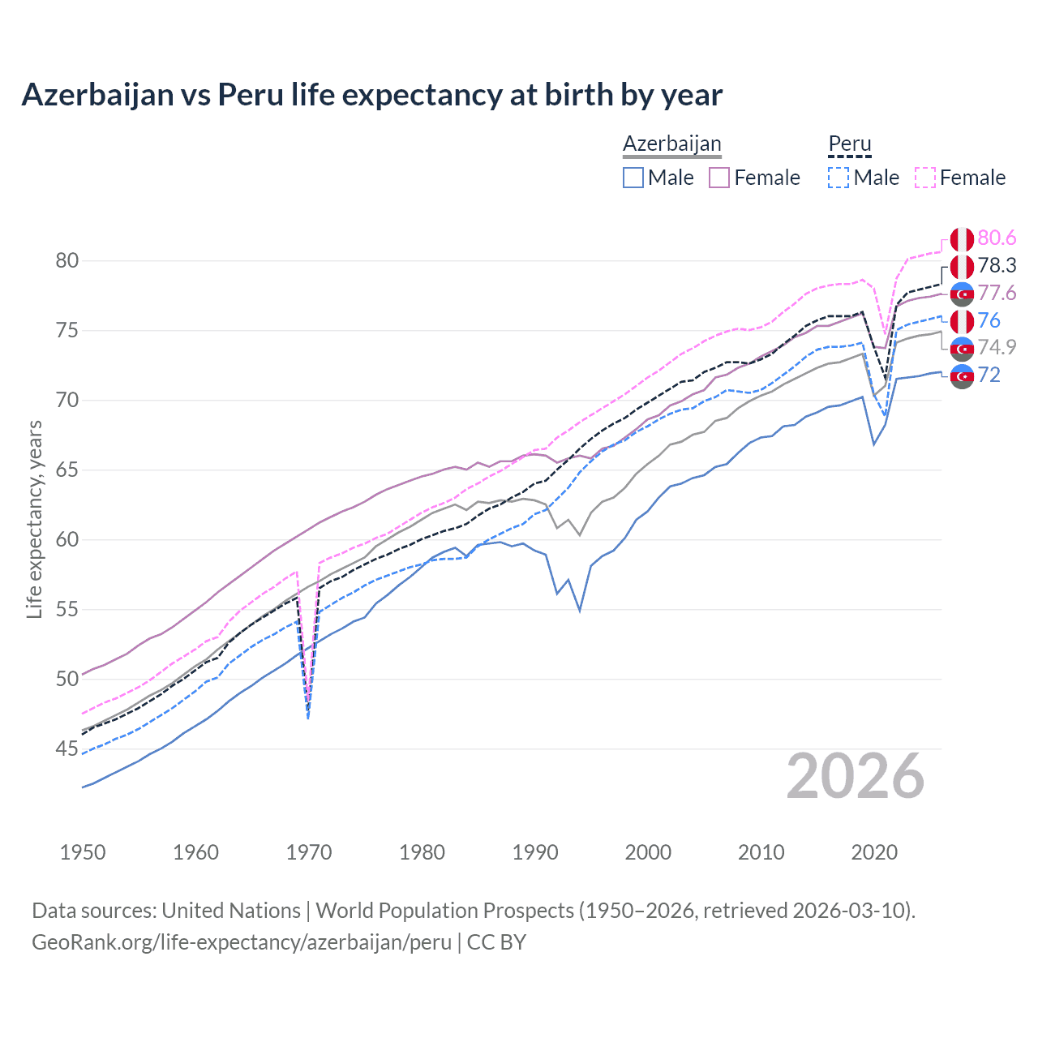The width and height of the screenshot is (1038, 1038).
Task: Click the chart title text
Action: pos(371,95)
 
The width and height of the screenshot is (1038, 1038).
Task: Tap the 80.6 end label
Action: pos(997,238)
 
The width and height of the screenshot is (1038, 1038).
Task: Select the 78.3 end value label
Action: pos(997,265)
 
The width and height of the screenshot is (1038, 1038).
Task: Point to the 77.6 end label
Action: pos(997,293)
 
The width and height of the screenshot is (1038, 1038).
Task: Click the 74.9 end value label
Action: pos(997,347)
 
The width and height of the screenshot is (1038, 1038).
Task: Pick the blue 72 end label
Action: pos(989,375)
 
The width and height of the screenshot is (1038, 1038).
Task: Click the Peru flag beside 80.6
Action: pos(962,239)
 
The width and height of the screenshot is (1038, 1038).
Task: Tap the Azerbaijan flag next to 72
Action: pos(962,376)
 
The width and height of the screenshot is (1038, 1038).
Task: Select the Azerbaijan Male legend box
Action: pos(633,178)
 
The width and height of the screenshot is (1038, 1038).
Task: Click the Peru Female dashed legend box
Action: pos(925,178)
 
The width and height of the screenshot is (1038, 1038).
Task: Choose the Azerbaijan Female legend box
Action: pos(719,178)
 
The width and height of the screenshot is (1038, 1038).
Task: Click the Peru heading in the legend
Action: pos(849,144)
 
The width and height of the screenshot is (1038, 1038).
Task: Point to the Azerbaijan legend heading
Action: pos(671,144)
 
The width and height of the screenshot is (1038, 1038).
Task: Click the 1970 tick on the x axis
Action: pos(309,852)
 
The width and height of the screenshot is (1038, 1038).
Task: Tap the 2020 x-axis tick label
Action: pos(874,852)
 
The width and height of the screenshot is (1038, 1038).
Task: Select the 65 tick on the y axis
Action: pos(66,470)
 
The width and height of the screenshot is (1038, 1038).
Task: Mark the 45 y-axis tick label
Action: pos(66,748)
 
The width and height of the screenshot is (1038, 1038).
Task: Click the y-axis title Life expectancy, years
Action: pos(34,519)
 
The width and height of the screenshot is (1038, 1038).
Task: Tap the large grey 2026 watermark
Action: pos(855,777)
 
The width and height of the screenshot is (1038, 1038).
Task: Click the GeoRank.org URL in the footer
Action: pos(242,942)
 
